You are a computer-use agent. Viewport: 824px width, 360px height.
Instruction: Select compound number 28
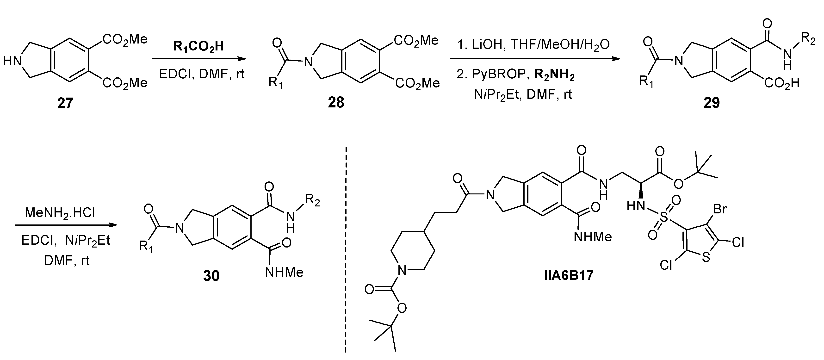336,102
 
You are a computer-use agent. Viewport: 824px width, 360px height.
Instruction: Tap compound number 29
712,102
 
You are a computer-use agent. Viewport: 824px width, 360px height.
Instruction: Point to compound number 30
211,275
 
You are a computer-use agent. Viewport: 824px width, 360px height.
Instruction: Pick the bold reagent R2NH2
554,76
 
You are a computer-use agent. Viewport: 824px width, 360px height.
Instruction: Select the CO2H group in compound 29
782,83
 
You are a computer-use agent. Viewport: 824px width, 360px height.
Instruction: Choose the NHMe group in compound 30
284,272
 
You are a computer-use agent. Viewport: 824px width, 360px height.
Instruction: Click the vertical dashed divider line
346,250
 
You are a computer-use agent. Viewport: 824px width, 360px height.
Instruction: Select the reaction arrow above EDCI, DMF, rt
199,59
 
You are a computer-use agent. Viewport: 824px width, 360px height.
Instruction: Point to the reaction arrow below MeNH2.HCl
67,225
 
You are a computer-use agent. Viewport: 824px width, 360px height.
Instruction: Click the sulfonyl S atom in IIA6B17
664,218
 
